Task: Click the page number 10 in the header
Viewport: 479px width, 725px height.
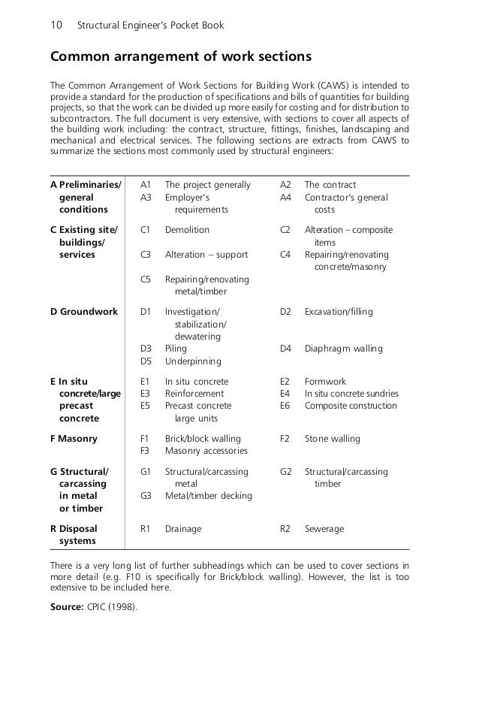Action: click(55, 26)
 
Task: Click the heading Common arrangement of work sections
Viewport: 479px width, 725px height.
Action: click(180, 58)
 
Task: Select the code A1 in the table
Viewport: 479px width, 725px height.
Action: click(146, 185)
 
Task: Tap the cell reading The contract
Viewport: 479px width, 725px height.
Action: click(330, 185)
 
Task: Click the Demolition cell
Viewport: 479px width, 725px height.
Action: click(187, 230)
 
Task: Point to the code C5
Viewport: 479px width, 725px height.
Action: click(146, 279)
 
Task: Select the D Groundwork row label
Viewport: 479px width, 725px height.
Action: click(83, 312)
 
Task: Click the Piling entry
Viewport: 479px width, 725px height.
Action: click(176, 349)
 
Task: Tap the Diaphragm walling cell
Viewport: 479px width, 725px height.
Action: click(343, 349)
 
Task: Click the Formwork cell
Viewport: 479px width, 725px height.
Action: click(325, 382)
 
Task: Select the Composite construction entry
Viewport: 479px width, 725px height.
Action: click(351, 406)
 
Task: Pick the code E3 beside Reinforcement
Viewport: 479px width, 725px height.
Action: click(146, 394)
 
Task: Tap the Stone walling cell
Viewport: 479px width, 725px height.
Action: click(332, 439)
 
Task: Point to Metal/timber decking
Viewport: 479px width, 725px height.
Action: click(208, 496)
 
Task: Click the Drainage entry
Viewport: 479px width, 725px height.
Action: click(183, 529)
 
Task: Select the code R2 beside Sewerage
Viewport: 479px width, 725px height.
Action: click(285, 529)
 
